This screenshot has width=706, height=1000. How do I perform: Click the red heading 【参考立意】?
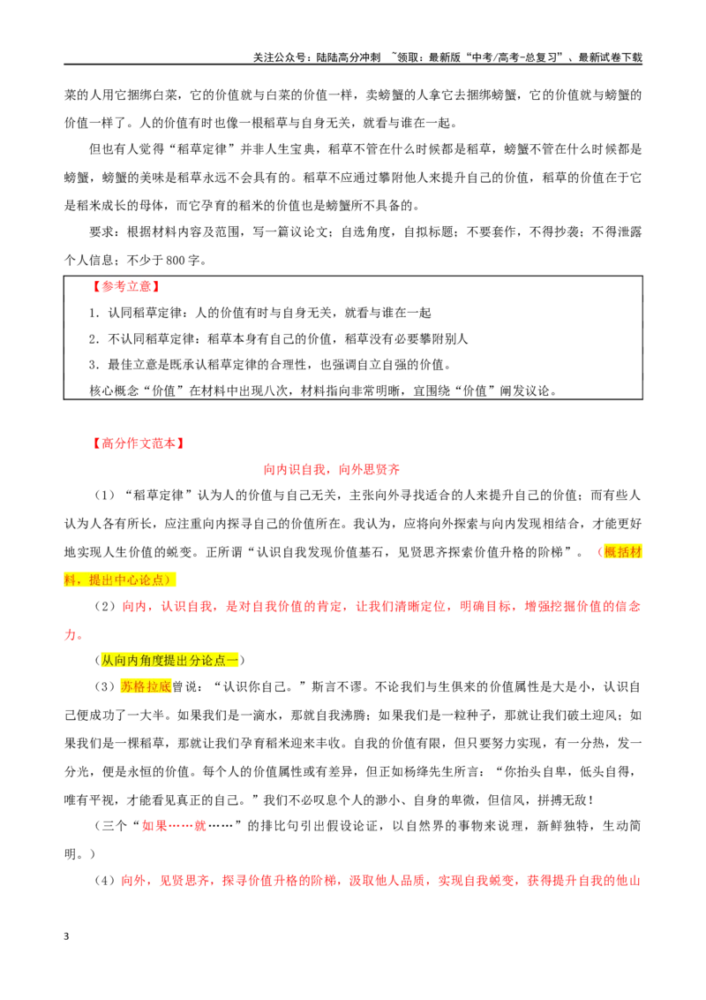tap(125, 287)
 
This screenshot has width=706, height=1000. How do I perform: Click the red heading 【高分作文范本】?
tap(138, 443)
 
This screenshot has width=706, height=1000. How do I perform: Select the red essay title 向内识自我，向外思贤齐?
tap(332, 469)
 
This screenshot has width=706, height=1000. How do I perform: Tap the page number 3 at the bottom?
tap(66, 936)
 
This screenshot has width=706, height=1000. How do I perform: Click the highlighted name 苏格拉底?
tap(146, 687)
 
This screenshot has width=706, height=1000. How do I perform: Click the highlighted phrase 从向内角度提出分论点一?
tap(169, 660)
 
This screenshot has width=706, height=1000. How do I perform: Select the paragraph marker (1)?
tap(104, 496)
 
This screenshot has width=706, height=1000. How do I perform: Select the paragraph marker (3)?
tap(104, 687)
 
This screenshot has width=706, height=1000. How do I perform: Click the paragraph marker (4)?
tap(104, 881)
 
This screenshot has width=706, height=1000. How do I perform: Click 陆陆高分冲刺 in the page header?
tap(348, 57)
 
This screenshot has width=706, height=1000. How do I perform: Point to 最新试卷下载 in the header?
tap(610, 57)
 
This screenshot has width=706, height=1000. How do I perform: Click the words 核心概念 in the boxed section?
tap(114, 391)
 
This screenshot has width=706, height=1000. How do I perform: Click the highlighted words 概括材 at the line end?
tap(622, 552)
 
